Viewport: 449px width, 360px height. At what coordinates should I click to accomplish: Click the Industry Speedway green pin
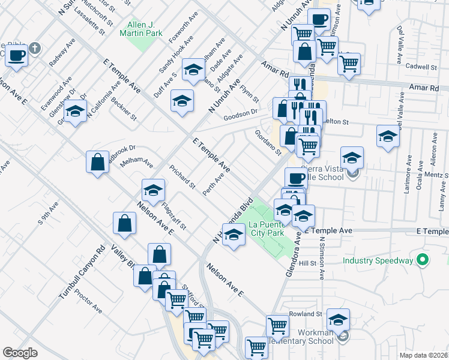(x=423, y=260)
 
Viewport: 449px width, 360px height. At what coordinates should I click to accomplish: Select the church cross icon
(x=35, y=48)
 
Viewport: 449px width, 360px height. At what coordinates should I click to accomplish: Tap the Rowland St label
(x=306, y=314)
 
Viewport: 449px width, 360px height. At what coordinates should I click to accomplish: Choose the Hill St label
(x=307, y=263)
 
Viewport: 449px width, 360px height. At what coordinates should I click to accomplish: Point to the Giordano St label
(x=268, y=143)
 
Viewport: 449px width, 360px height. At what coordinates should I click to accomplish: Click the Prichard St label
(x=182, y=177)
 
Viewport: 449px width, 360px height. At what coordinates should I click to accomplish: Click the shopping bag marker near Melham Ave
(x=97, y=162)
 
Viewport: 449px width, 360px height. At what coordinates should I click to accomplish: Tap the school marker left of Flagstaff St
(x=153, y=191)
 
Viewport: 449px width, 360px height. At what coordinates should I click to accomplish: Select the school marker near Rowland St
(x=339, y=320)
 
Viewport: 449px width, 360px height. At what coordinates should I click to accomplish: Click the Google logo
(x=20, y=353)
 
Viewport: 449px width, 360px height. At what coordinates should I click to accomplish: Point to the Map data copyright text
(x=424, y=355)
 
